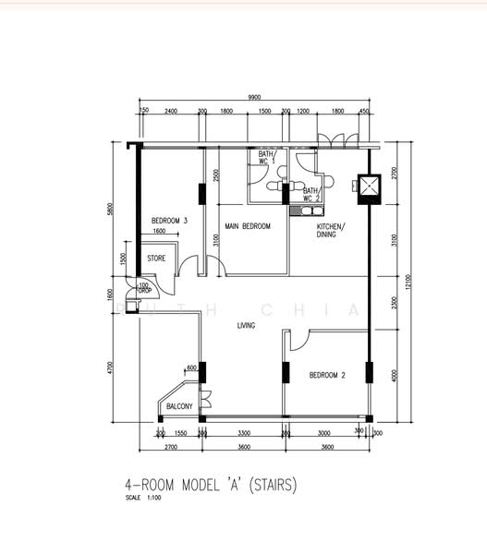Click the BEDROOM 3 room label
coord(170,221)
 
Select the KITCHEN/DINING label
coord(330,231)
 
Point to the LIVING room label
coord(245,325)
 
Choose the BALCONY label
coord(178,407)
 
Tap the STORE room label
coord(156,259)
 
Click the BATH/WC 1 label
coord(266,158)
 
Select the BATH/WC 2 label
coord(311,195)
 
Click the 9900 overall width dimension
coord(254,97)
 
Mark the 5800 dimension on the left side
coord(110,210)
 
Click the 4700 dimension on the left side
coord(110,367)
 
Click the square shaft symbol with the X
coord(367,186)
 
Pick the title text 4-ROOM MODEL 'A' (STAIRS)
coord(212,484)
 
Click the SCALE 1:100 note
coord(143,499)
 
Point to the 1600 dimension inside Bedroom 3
coord(160,231)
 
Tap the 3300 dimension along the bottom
coord(244,433)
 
